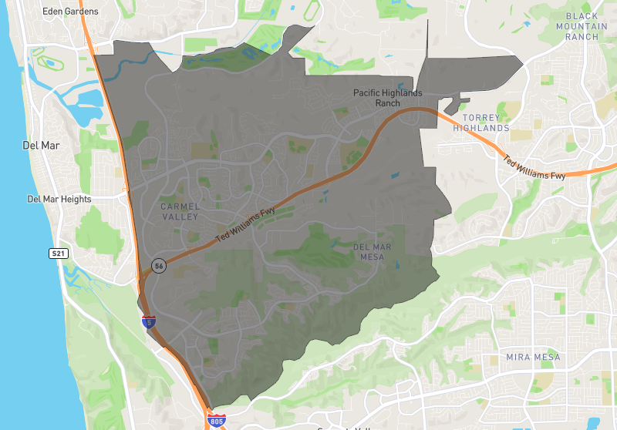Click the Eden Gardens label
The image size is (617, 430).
click(71, 12)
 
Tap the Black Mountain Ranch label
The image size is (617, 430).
click(592, 26)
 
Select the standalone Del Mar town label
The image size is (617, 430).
click(42, 145)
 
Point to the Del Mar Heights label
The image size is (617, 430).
click(59, 199)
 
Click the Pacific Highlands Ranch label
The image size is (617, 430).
click(387, 98)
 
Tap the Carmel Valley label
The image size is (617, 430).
click(180, 212)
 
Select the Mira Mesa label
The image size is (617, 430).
click(534, 358)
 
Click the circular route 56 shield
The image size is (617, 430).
click(159, 265)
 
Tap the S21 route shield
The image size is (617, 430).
click(58, 253)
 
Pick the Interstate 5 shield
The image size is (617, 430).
click(149, 322)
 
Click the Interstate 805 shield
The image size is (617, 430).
click(217, 420)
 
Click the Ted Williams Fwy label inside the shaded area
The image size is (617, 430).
click(245, 229)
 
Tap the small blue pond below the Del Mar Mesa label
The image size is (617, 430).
click(397, 267)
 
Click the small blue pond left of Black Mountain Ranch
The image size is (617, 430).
click(527, 23)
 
